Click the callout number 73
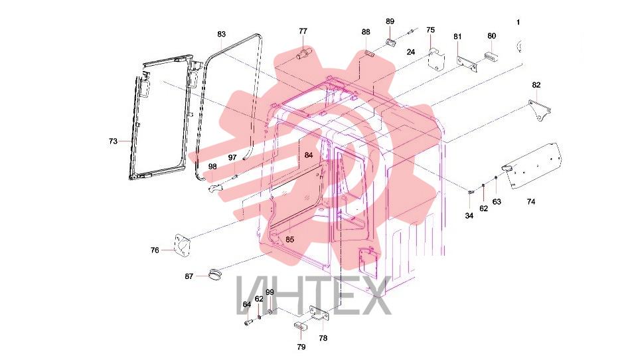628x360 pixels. pyautogui.click(x=113, y=141)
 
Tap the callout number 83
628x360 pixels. pyautogui.click(x=222, y=34)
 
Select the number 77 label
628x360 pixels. pyautogui.click(x=303, y=31)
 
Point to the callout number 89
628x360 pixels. pyautogui.click(x=390, y=21)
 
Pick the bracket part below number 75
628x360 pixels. pyautogui.click(x=436, y=58)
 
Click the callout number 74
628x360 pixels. pyautogui.click(x=530, y=202)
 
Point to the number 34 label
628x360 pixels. pyautogui.click(x=469, y=216)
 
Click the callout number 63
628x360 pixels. pyautogui.click(x=497, y=202)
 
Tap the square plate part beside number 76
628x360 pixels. pyautogui.click(x=183, y=245)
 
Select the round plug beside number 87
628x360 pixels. pyautogui.click(x=216, y=275)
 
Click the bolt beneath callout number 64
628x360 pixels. pyautogui.click(x=247, y=321)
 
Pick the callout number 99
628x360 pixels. pyautogui.click(x=270, y=292)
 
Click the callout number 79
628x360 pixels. pyautogui.click(x=301, y=347)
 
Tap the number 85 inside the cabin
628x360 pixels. pyautogui.click(x=289, y=239)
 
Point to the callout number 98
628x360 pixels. pyautogui.click(x=212, y=166)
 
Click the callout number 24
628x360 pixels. pyautogui.click(x=410, y=52)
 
